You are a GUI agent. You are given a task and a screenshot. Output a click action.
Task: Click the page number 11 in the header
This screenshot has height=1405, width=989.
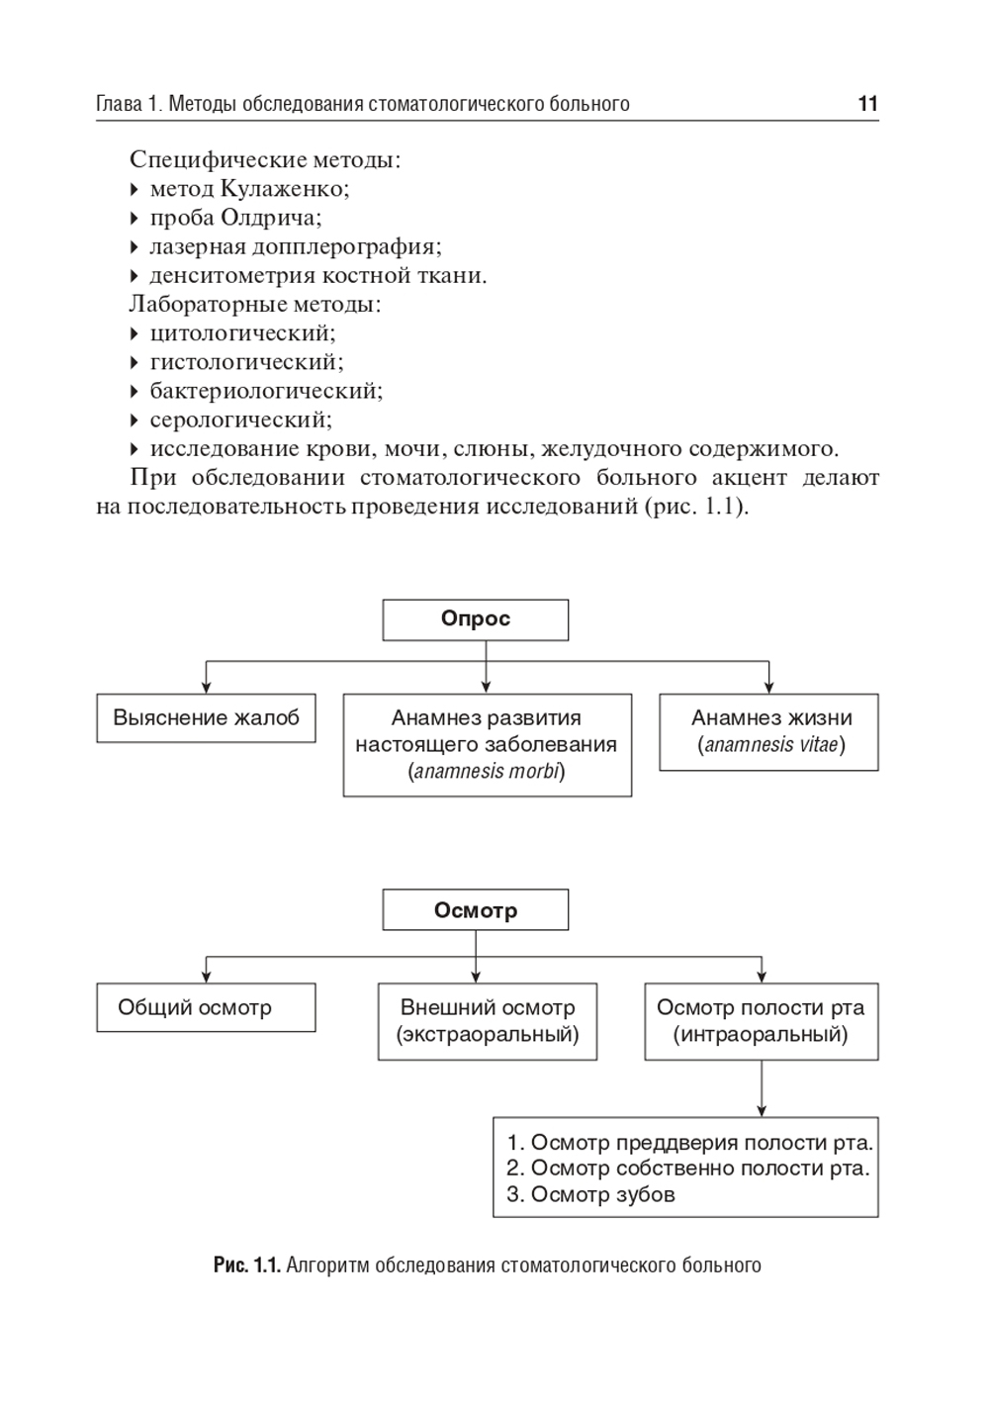(867, 104)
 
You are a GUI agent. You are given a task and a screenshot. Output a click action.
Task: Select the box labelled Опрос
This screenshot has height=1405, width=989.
(476, 619)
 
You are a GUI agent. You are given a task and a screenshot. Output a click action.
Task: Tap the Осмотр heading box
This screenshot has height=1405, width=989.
(476, 910)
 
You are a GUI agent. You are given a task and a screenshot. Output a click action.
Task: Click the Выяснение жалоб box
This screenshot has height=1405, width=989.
(206, 718)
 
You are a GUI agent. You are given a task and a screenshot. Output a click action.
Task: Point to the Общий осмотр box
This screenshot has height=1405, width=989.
(206, 1007)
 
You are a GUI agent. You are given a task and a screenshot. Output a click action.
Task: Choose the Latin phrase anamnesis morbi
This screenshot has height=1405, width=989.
(487, 772)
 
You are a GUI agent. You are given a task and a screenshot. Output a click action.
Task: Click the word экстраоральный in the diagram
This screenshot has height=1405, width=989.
(488, 1035)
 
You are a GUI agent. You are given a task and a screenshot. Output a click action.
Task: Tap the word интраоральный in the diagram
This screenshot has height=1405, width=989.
(761, 1035)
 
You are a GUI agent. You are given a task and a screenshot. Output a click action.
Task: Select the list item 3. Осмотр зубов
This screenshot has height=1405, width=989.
(590, 1194)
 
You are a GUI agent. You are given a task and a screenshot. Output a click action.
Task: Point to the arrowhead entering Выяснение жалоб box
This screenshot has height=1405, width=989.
(206, 687)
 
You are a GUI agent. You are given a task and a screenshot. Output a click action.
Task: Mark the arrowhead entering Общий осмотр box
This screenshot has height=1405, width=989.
(206, 977)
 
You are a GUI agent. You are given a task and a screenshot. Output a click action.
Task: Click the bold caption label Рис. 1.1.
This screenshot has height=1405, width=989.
(247, 1265)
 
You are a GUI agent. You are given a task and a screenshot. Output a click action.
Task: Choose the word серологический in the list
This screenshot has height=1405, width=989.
(240, 420)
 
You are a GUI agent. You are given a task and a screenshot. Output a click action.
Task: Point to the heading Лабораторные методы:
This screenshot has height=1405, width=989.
(255, 305)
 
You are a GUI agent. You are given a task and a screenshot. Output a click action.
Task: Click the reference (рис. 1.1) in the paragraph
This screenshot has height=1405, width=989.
(695, 508)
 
